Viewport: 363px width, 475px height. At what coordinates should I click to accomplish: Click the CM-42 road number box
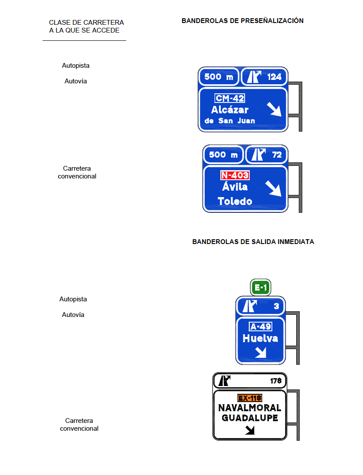pyautogui.click(x=230, y=98)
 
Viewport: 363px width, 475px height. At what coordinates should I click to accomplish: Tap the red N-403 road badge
pyautogui.click(x=235, y=175)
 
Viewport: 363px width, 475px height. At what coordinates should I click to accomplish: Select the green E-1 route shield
pyautogui.click(x=261, y=287)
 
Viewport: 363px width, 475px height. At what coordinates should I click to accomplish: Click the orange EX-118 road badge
pyautogui.click(x=250, y=398)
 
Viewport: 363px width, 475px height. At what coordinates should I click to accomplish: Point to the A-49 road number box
pyautogui.click(x=261, y=327)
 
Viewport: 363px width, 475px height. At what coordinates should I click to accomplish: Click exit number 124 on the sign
pyautogui.click(x=275, y=77)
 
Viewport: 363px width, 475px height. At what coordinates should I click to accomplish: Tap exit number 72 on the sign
pyautogui.click(x=277, y=155)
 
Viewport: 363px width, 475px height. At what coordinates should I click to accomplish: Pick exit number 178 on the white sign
pyautogui.click(x=276, y=381)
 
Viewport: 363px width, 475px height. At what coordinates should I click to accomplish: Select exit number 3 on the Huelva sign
pyautogui.click(x=277, y=306)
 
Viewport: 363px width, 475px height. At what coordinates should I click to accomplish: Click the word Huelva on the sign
pyautogui.click(x=260, y=338)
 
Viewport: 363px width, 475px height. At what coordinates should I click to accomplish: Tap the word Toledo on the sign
pyautogui.click(x=235, y=201)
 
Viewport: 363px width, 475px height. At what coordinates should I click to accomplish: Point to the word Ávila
pyautogui.click(x=235, y=186)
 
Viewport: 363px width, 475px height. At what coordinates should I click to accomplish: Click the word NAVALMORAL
pyautogui.click(x=249, y=408)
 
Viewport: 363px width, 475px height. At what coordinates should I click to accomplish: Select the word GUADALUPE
pyautogui.click(x=250, y=418)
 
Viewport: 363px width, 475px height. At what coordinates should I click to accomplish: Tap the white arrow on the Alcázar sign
pyautogui.click(x=274, y=109)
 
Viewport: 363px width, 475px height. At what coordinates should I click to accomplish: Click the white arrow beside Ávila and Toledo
pyautogui.click(x=274, y=188)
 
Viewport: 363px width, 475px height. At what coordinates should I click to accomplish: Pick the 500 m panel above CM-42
pyautogui.click(x=219, y=77)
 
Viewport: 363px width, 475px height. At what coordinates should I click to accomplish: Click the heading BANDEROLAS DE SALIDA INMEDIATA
pyautogui.click(x=253, y=242)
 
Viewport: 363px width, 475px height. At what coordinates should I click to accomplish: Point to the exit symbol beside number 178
pyautogui.click(x=224, y=381)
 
